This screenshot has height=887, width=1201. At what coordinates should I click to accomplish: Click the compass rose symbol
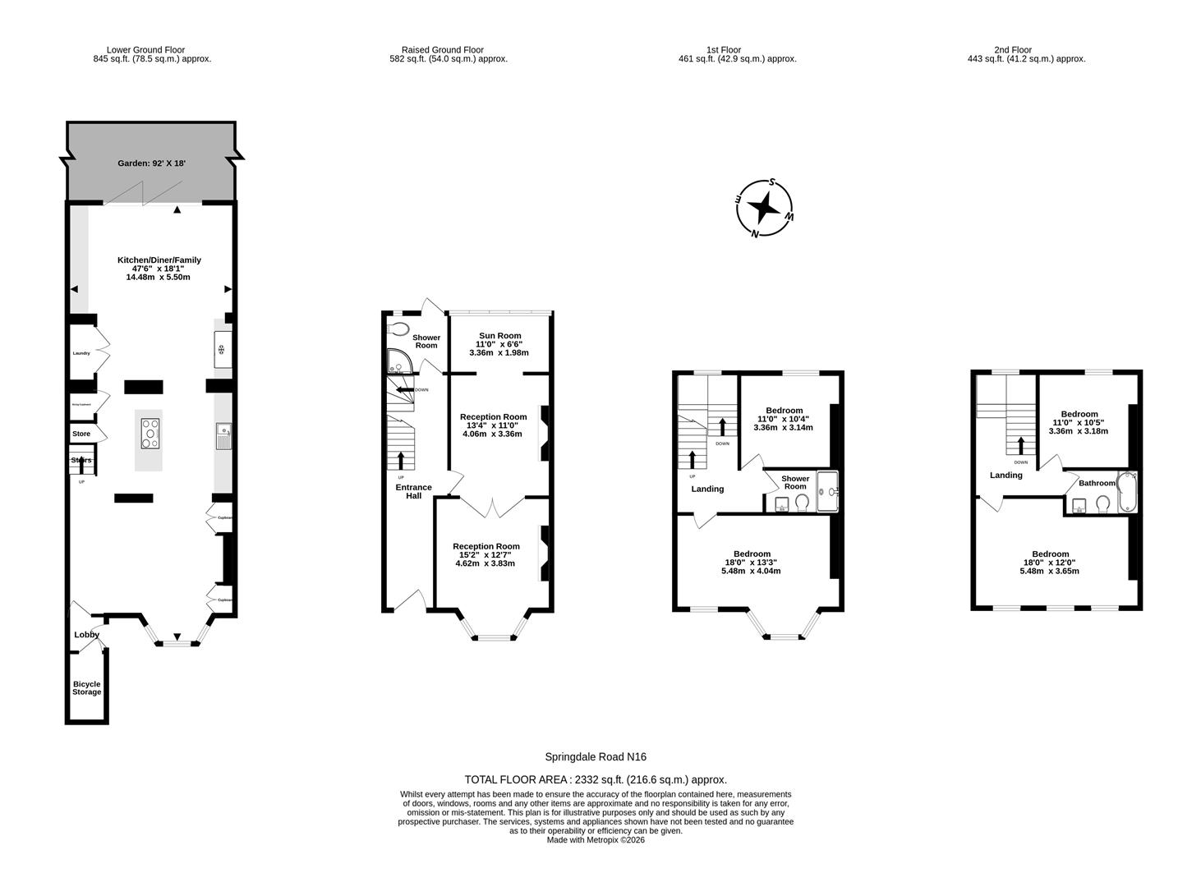[764, 208]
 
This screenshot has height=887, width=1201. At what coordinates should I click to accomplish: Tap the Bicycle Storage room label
[86, 688]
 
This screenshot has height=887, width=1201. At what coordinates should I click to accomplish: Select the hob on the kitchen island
[150, 433]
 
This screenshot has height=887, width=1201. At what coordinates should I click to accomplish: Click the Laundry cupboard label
[81, 353]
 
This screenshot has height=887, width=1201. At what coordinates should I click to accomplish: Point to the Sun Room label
[499, 336]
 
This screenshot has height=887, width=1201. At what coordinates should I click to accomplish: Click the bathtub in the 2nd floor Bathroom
[1126, 492]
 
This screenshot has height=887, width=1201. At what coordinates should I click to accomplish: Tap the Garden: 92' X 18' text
[151, 163]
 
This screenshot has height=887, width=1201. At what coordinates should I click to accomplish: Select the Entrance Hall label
[413, 491]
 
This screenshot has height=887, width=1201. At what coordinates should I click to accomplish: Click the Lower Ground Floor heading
[145, 50]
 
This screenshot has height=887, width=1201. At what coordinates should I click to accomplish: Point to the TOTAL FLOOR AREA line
[596, 779]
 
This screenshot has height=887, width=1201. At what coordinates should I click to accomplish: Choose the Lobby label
[86, 635]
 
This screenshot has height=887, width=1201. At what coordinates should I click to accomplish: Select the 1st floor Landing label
[707, 489]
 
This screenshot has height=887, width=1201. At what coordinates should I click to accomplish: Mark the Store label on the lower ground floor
[81, 434]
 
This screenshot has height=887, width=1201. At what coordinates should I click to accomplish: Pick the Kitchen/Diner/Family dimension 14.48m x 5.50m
[158, 277]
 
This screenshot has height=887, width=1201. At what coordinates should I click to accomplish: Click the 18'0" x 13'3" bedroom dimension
[751, 563]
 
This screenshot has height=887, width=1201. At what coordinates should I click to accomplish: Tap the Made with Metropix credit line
[596, 840]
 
